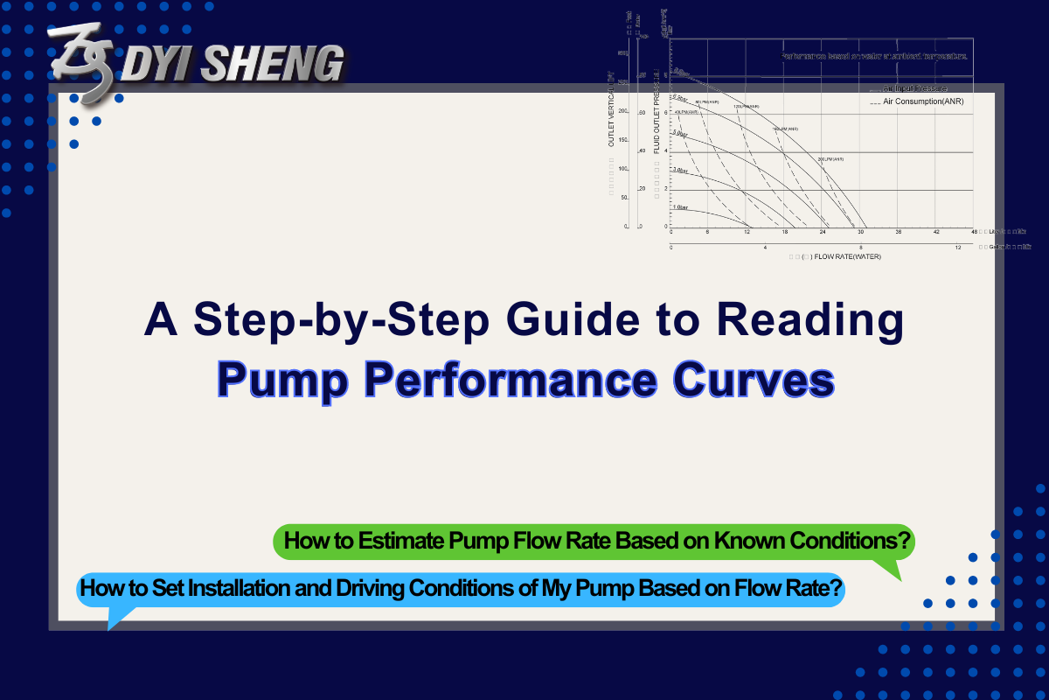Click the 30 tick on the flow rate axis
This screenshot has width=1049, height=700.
861,232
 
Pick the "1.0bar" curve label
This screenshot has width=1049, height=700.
681,207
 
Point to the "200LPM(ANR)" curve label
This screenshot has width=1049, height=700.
830,159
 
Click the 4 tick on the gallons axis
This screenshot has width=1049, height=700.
766,248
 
